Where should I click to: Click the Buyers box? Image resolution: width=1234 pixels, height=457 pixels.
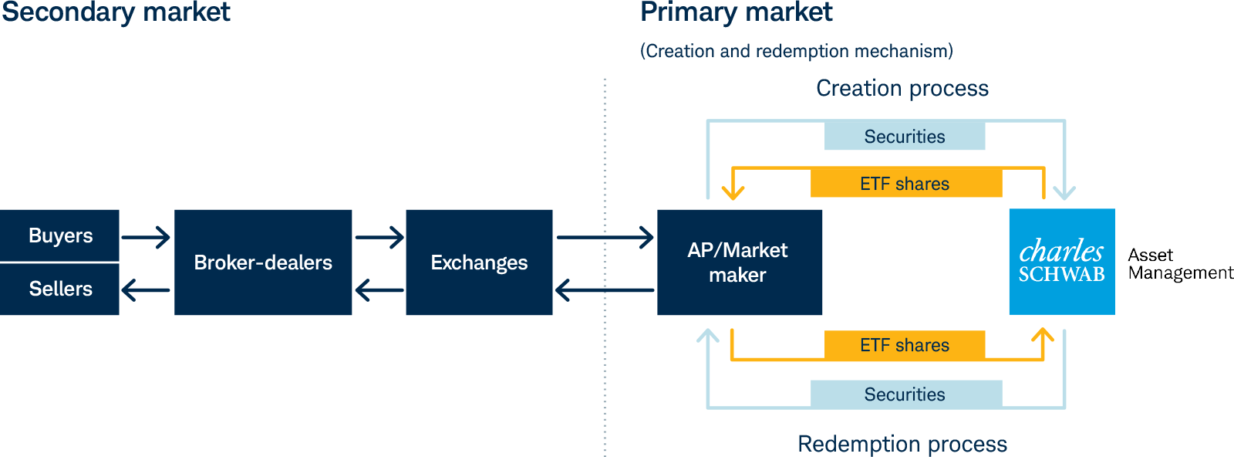point(60,235)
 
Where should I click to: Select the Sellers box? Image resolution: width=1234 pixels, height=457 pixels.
point(60,289)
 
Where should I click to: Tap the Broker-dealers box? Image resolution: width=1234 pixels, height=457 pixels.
point(263,262)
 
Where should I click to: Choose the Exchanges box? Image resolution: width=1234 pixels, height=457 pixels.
point(479,262)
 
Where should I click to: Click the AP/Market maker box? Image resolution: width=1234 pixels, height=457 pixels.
point(739,262)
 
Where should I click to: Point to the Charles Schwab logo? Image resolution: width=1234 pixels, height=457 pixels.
point(1061,262)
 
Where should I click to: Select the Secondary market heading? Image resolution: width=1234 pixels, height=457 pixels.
point(116,12)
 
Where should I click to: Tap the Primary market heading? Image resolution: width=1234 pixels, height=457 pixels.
point(736,12)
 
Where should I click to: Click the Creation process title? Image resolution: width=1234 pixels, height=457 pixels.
point(902,89)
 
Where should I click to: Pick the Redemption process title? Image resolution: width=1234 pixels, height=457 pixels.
point(902,444)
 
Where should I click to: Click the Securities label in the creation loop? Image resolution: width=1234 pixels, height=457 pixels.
point(904,137)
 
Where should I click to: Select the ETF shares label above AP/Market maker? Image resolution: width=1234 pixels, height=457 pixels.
point(905,184)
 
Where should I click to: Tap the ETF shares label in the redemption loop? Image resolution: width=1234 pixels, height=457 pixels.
point(904,345)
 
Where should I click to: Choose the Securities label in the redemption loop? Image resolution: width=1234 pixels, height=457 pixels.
point(905,394)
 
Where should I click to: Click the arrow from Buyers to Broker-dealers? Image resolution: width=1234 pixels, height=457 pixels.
point(147,237)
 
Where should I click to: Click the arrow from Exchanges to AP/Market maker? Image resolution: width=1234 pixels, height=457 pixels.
point(605,237)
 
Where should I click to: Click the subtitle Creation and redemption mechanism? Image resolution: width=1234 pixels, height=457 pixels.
point(796,52)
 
